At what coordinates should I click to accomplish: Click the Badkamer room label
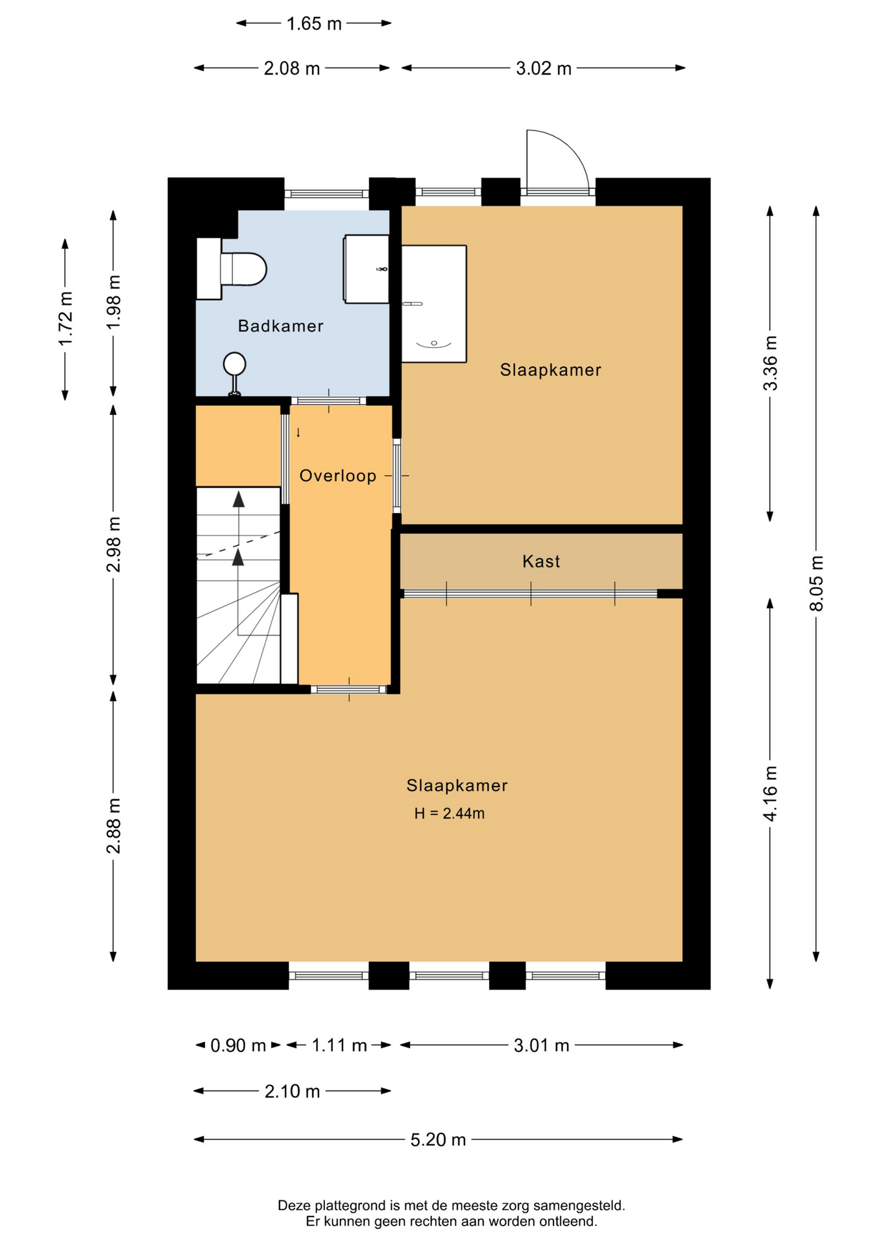280,326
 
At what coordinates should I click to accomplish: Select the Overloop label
338,476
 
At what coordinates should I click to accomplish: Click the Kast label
541,562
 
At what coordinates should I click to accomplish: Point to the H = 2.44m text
450,813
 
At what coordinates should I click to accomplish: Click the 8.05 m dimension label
816,583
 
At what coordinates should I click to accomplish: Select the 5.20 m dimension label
438,1140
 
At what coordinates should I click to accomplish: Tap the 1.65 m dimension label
314,24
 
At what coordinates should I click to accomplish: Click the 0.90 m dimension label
238,1045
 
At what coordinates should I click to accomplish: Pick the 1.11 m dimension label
339,1045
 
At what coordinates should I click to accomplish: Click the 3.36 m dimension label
770,363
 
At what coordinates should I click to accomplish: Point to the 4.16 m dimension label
770,794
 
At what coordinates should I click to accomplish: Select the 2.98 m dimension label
114,545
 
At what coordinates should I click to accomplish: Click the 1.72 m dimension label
66,319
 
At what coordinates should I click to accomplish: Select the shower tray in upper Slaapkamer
434,303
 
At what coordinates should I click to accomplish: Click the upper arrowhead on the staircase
239,499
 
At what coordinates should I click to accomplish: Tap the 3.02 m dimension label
544,68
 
